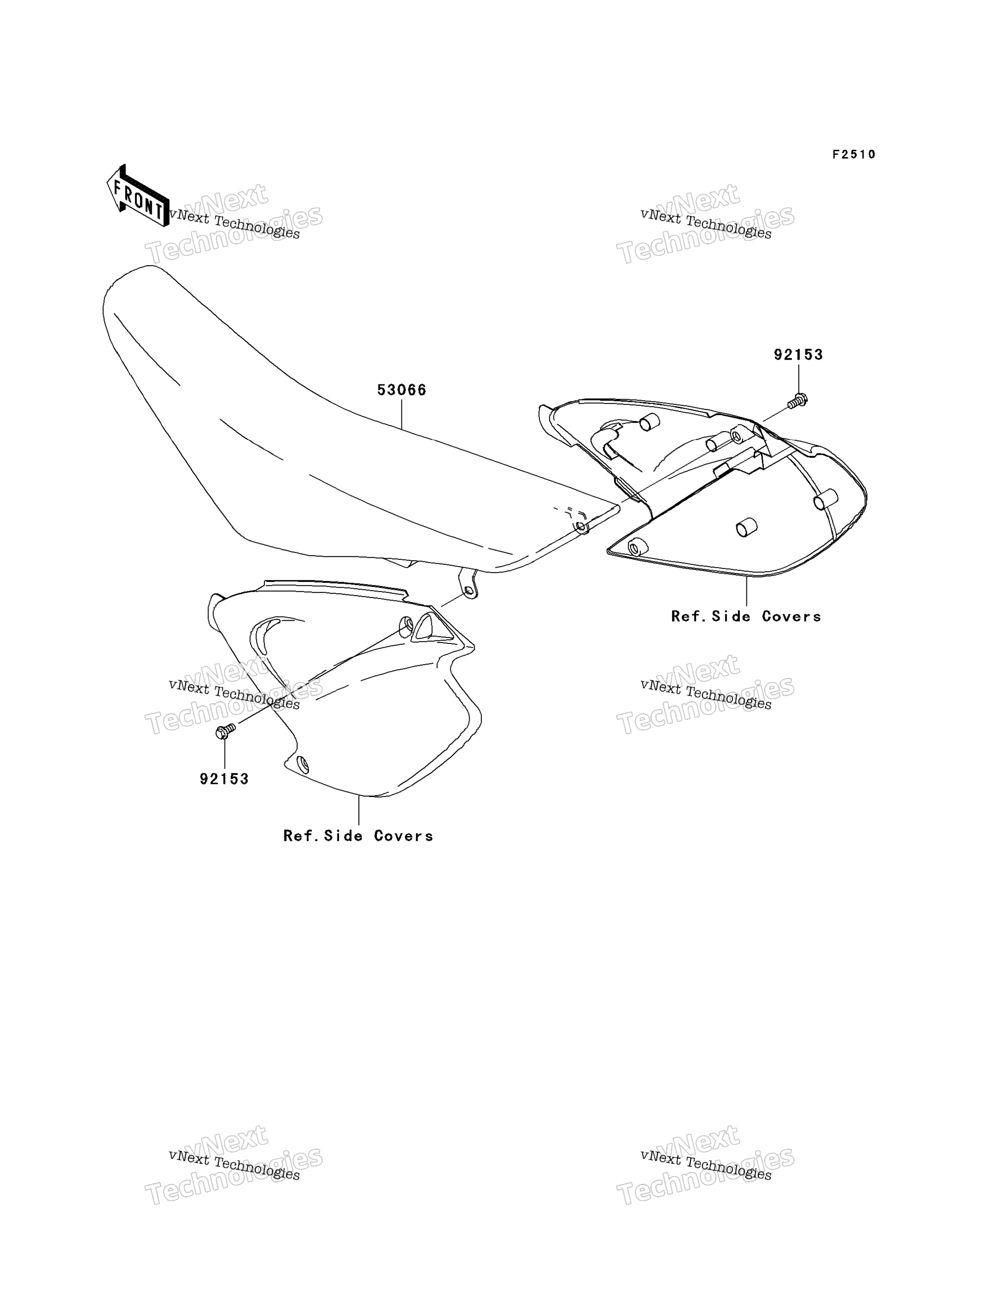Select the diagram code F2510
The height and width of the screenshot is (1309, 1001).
point(854,155)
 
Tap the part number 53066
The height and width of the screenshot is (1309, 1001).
point(401,390)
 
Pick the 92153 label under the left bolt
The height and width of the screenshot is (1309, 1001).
point(224,779)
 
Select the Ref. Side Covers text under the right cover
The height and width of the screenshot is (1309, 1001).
point(746,617)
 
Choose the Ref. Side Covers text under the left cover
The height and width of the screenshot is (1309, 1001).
point(358,835)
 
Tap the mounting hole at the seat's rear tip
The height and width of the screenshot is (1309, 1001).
point(580,527)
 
